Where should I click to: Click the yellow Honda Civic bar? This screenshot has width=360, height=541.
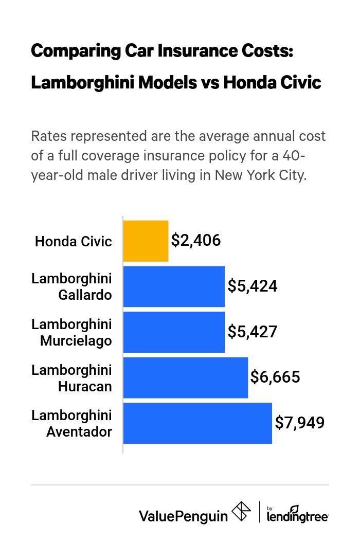(x=146, y=241)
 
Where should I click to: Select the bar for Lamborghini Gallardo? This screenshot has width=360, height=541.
(x=174, y=286)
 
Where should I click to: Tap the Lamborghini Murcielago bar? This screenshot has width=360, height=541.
(x=174, y=332)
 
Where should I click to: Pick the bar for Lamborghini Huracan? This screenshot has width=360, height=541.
(x=185, y=377)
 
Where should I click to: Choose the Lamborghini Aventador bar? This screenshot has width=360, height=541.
(x=197, y=423)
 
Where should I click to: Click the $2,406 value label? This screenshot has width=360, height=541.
(x=196, y=240)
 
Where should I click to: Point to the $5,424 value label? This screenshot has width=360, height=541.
(x=253, y=286)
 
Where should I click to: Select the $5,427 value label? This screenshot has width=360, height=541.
(x=253, y=332)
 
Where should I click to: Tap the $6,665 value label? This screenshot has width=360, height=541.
(x=275, y=377)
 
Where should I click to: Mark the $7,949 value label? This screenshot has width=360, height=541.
(x=299, y=423)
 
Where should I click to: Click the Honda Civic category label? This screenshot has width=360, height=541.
(x=74, y=241)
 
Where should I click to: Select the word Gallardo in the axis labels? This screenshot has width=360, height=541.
(x=86, y=296)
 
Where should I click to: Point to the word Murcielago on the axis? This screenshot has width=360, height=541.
(x=76, y=341)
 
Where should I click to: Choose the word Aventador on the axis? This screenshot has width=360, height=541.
(x=79, y=432)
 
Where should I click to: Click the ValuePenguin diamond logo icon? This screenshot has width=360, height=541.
(x=241, y=512)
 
